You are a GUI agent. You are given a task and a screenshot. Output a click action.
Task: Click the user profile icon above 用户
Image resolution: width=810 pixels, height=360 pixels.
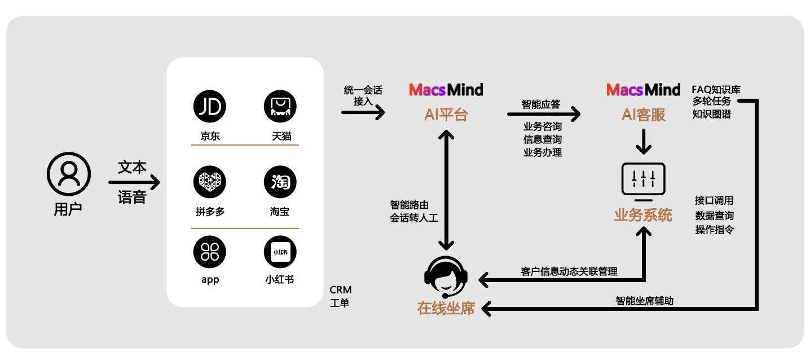pyautogui.click(x=69, y=173)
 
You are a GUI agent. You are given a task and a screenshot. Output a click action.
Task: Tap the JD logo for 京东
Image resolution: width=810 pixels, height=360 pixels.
pyautogui.click(x=209, y=106)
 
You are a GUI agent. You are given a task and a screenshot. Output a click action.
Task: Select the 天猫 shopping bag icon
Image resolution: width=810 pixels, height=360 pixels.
pyautogui.click(x=280, y=106)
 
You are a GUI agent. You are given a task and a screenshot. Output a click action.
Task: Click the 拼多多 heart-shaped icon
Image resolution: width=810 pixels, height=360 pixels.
pyautogui.click(x=209, y=182)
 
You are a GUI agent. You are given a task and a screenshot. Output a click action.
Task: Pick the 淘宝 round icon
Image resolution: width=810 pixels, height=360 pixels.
pyautogui.click(x=280, y=182)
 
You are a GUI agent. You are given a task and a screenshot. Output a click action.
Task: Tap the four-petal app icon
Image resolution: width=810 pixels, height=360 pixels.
pyautogui.click(x=209, y=252)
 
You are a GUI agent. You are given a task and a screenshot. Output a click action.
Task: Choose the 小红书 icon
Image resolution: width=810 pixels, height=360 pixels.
pyautogui.click(x=280, y=252)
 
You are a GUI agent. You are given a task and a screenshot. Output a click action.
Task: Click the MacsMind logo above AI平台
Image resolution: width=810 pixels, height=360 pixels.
pyautogui.click(x=446, y=90)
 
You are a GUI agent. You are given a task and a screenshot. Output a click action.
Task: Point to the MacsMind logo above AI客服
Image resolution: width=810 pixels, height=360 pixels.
pyautogui.click(x=643, y=90)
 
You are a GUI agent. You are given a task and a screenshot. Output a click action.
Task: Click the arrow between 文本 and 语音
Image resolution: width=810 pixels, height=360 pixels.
pyautogui.click(x=134, y=182)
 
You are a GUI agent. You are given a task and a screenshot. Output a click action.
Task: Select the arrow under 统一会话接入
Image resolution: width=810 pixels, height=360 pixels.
pyautogui.click(x=363, y=113)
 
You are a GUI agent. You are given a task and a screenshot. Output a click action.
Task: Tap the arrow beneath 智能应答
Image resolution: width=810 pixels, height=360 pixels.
pyautogui.click(x=543, y=115)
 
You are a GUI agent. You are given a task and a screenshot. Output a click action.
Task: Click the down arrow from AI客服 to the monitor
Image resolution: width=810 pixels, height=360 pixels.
pyautogui.click(x=643, y=141)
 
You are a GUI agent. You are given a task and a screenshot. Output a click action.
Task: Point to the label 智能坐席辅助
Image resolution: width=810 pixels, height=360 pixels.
pyautogui.click(x=644, y=301)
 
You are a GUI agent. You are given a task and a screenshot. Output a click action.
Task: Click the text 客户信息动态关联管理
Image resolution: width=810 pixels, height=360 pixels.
pyautogui.click(x=569, y=271)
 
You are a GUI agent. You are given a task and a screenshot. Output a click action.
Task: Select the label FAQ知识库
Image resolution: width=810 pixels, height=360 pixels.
pyautogui.click(x=716, y=89)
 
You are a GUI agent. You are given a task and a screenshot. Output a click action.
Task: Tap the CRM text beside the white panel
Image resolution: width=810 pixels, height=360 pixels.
pyautogui.click(x=340, y=290)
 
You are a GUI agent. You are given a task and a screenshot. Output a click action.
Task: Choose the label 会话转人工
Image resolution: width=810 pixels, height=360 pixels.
pyautogui.click(x=413, y=218)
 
